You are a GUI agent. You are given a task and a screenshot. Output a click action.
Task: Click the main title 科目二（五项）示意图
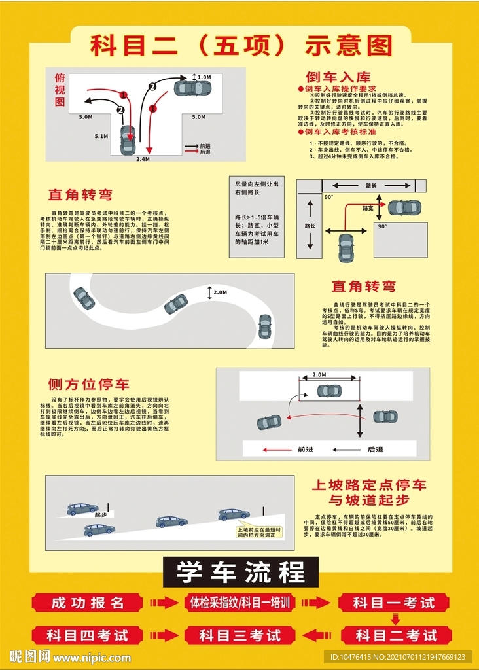[240, 45]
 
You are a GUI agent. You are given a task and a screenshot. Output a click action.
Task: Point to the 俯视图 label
[60, 90]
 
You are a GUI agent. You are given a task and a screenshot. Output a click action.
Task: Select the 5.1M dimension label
[101, 137]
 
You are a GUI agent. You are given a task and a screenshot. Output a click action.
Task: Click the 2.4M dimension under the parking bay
[143, 159]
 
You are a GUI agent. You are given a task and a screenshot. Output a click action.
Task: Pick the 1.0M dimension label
[204, 77]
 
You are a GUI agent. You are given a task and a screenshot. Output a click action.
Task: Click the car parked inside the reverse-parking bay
[128, 139]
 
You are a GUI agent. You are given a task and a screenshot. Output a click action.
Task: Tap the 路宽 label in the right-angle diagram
[368, 208]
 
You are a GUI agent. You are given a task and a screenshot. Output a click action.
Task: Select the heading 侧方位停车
[88, 384]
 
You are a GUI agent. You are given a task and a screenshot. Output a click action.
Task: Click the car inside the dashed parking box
[328, 391]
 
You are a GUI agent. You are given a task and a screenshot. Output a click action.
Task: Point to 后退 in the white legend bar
[375, 450]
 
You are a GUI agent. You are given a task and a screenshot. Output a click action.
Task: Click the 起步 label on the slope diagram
[100, 515]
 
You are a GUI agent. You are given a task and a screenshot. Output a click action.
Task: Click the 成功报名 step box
[88, 603]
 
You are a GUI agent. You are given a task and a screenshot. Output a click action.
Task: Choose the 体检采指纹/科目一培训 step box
[239, 603]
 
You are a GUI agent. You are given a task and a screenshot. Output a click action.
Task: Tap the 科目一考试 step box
[394, 603]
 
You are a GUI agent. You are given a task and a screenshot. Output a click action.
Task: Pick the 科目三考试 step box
[239, 635]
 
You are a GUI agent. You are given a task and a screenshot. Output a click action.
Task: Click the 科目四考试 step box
[88, 635]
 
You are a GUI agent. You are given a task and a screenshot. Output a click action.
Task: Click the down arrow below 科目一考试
[395, 618]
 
